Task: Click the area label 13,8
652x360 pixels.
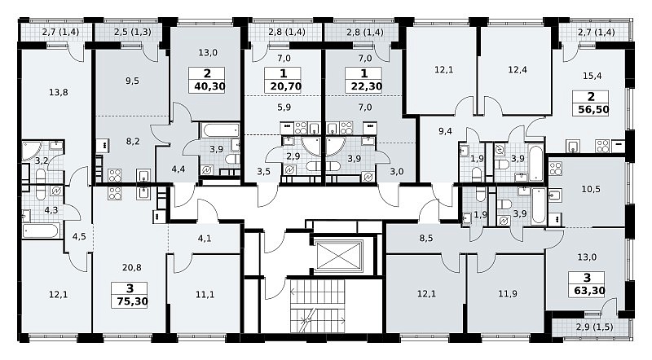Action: [x=58, y=92]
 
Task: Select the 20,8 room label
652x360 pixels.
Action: [x=132, y=268]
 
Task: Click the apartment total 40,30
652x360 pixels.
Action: [x=207, y=86]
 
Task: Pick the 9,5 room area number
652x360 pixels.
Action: [x=132, y=81]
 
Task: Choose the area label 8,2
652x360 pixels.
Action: [x=133, y=142]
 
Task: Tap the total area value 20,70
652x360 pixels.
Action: [x=283, y=86]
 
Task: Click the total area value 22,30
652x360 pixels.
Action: [x=363, y=86]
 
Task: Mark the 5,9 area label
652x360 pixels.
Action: [x=284, y=108]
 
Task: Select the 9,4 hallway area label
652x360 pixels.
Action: [x=445, y=131]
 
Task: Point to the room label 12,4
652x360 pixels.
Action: [x=518, y=69]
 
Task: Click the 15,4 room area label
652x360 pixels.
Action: [x=593, y=76]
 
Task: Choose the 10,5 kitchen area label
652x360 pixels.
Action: [x=590, y=189]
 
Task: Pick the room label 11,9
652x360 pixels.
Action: [x=508, y=294]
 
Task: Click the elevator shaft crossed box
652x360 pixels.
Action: [x=339, y=255]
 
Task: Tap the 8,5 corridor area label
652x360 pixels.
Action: [x=426, y=239]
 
